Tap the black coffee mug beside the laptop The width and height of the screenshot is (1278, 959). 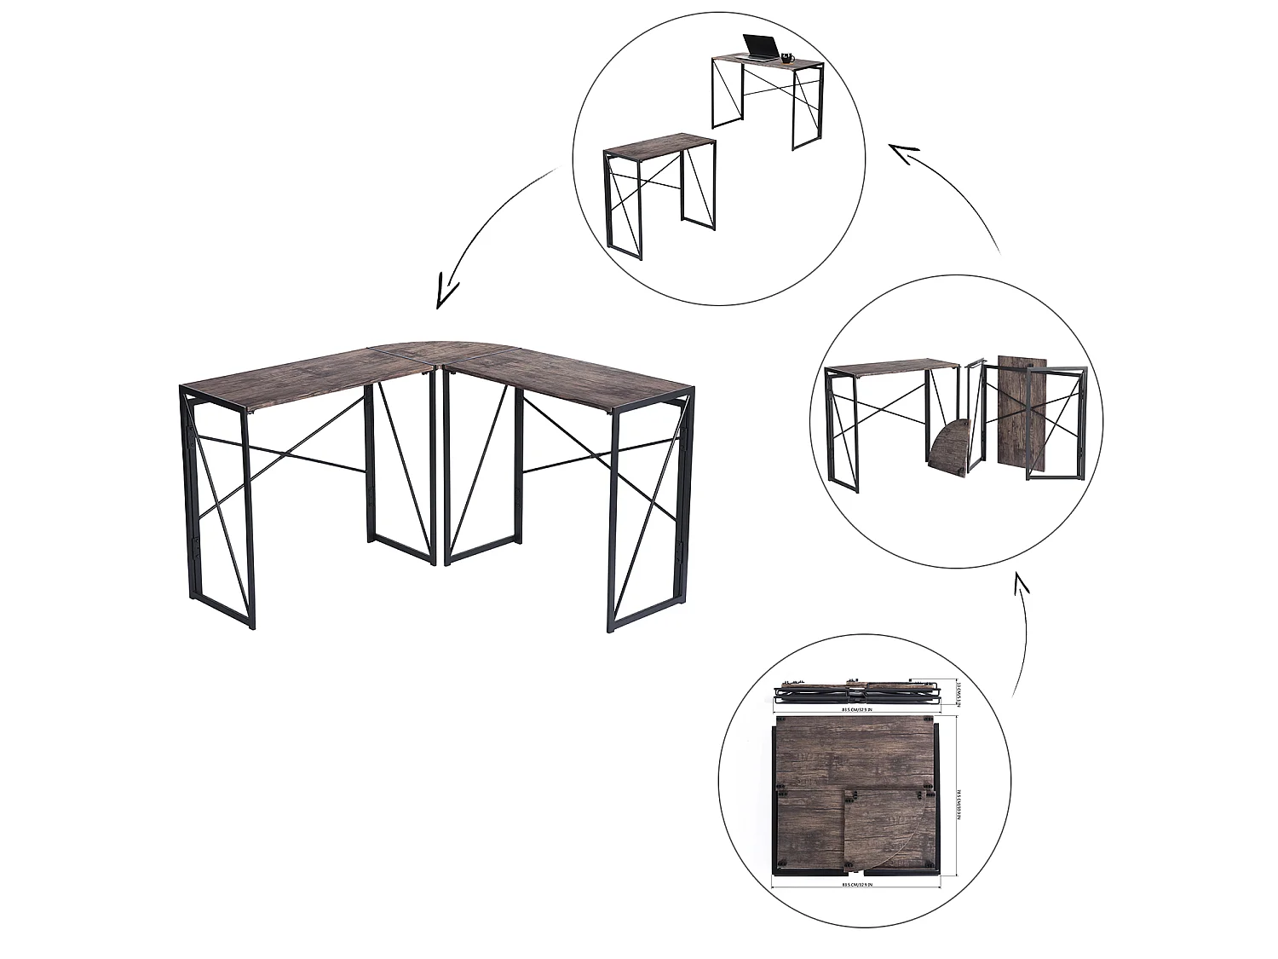(x=786, y=58)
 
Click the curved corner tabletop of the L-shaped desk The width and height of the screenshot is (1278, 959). (x=443, y=350)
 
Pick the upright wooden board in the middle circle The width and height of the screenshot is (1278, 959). (x=1014, y=409)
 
